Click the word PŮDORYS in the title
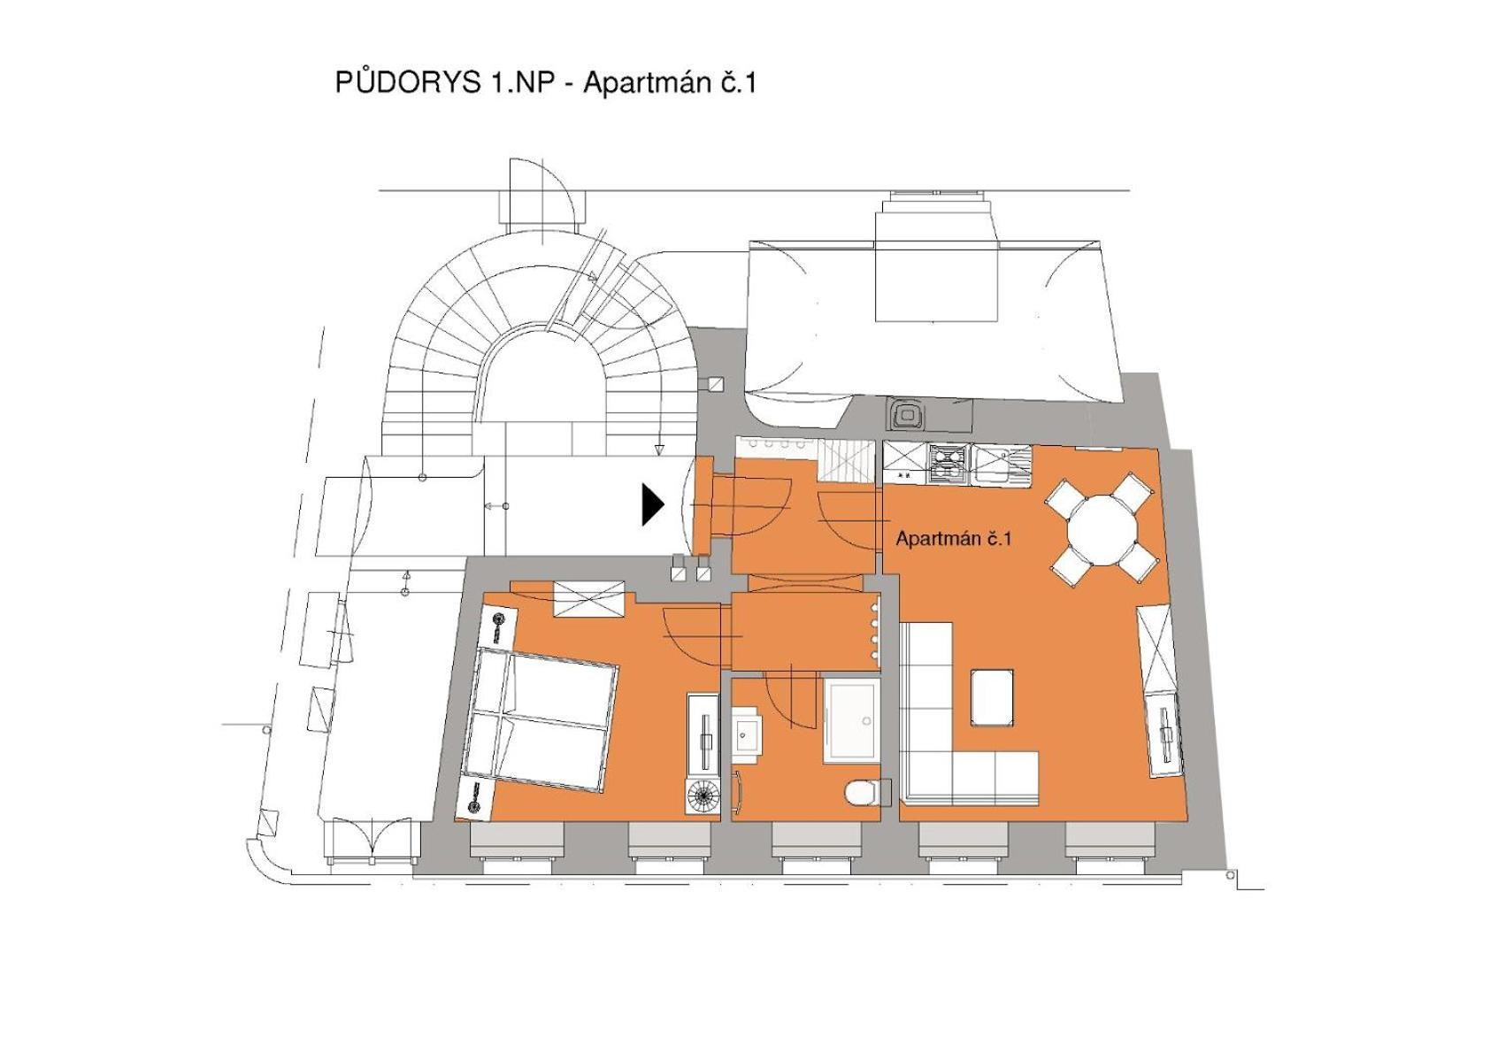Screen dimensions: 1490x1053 pos(408,82)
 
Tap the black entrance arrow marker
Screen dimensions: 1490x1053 pos(653,505)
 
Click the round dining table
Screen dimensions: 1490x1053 pos(1102,529)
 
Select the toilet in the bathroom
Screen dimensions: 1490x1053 pos(868,792)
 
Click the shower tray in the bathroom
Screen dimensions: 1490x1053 pos(851,720)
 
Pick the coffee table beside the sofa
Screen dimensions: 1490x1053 pos(993,698)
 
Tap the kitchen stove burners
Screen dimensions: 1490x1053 pos(948,464)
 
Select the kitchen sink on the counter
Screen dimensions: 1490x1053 pos(1001,464)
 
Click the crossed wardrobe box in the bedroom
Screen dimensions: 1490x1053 pos(589,599)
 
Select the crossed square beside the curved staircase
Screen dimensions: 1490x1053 pos(716,384)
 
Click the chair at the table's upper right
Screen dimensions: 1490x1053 pos(1132,492)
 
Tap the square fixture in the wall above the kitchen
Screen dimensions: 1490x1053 pos(905,415)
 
